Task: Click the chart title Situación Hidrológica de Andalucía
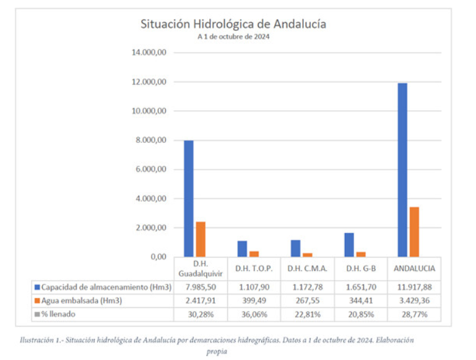coord(233,24)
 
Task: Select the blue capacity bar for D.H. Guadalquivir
coord(188,198)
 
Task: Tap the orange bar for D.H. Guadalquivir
coord(200,239)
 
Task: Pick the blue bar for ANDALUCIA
coord(402,169)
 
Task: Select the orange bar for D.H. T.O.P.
coord(254,254)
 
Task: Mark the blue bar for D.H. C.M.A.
coord(295,248)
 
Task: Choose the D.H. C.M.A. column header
coord(308,268)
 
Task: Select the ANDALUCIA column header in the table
coord(414,268)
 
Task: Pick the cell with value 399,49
coord(254,301)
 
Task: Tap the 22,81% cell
coord(308,314)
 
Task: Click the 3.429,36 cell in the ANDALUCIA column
coord(414,301)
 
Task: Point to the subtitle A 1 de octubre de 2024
coord(233,36)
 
